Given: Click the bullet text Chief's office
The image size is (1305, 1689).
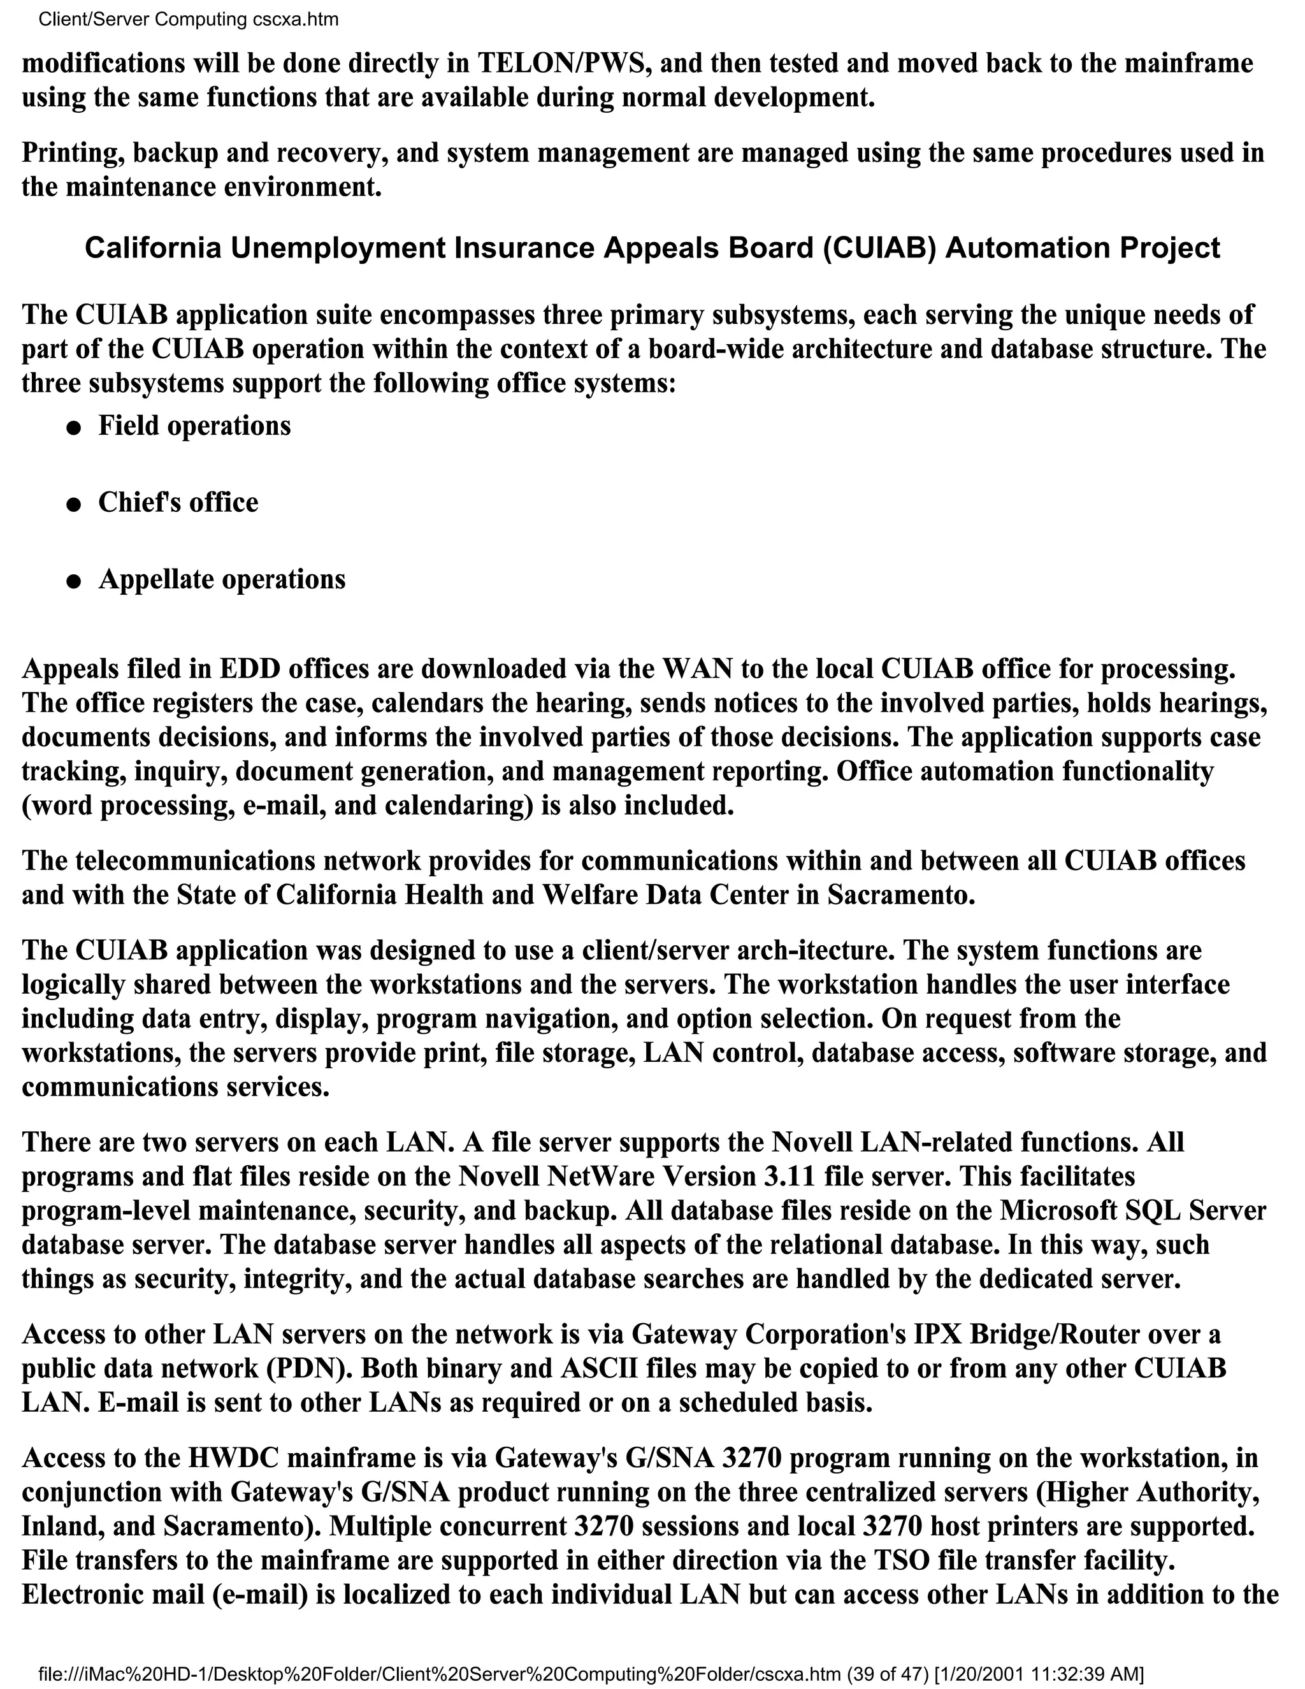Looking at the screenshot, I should coord(178,503).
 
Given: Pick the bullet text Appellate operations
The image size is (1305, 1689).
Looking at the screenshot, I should coord(222,579).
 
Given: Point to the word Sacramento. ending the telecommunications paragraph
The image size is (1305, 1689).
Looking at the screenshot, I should coord(900,895).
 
